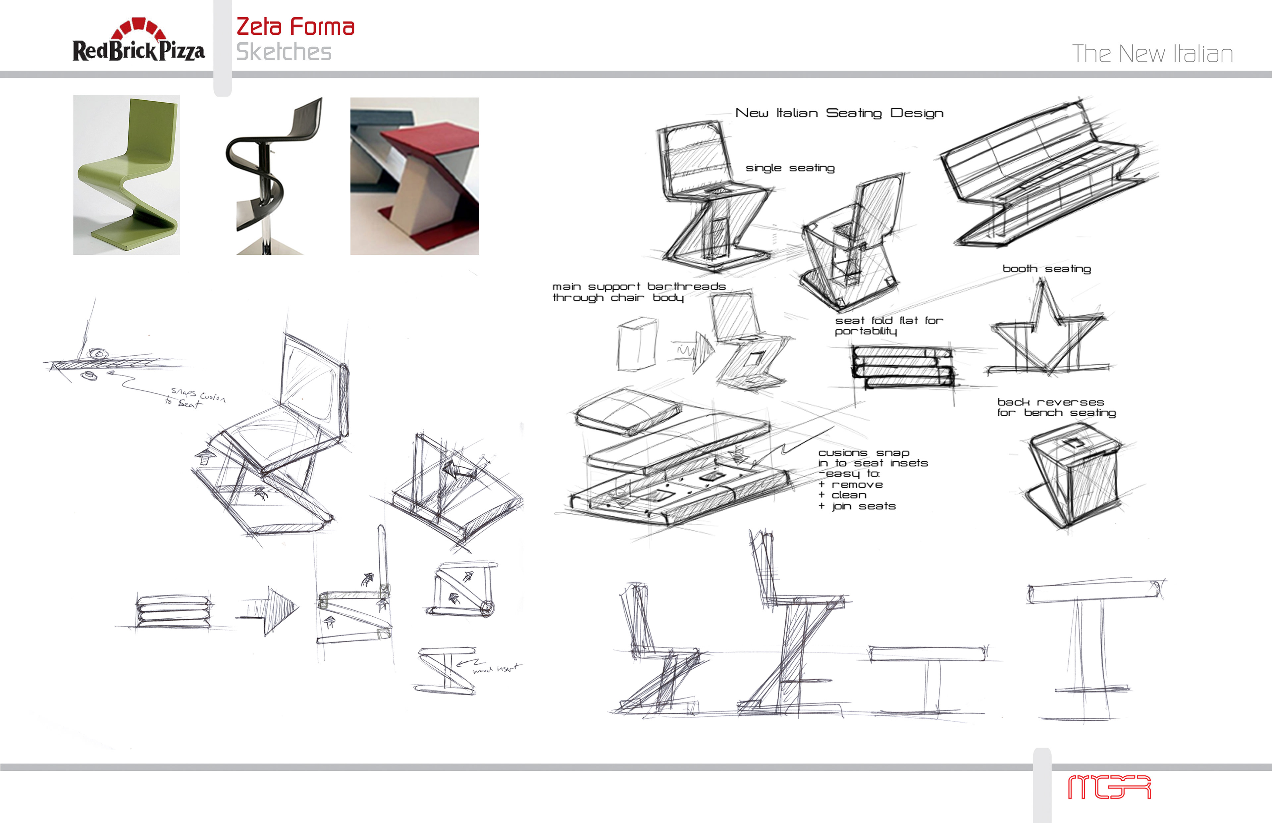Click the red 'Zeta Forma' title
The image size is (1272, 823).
(x=295, y=27)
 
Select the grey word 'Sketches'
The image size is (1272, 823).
(x=284, y=52)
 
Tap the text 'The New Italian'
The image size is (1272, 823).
(x=1152, y=54)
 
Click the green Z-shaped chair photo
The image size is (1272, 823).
(x=127, y=175)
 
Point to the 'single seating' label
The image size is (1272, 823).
(x=790, y=168)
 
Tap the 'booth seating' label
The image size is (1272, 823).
(x=1046, y=269)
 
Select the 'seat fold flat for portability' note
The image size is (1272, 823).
(x=889, y=326)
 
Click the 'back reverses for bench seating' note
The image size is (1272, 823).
(x=1056, y=407)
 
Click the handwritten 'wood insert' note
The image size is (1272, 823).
(x=496, y=669)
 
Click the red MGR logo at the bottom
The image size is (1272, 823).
(x=1109, y=787)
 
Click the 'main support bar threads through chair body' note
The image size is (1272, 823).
(x=639, y=292)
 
